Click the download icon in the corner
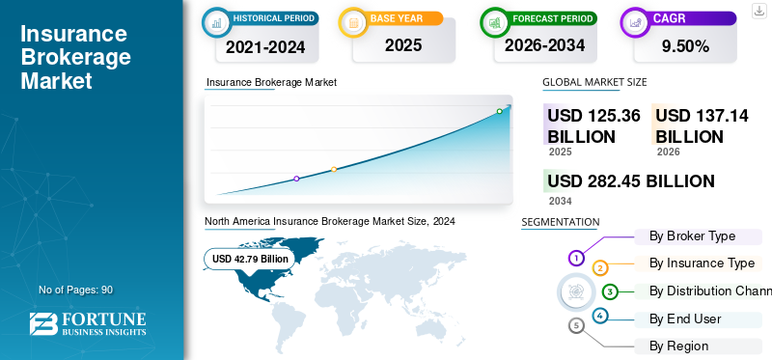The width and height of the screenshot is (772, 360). pyautogui.click(x=758, y=11)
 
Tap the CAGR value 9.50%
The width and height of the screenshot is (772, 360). pyautogui.click(x=685, y=46)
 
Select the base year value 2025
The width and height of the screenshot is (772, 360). pyautogui.click(x=403, y=45)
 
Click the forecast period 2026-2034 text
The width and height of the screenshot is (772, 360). pyautogui.click(x=544, y=45)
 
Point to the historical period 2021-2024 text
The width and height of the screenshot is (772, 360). pyautogui.click(x=265, y=47)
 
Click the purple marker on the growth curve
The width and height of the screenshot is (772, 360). pyautogui.click(x=296, y=179)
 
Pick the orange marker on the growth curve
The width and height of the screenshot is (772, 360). pyautogui.click(x=334, y=170)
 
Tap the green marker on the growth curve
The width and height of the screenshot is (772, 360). pyautogui.click(x=499, y=111)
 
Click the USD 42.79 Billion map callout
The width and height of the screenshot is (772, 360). pyautogui.click(x=250, y=259)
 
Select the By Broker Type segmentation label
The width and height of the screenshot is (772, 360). pyautogui.click(x=692, y=236)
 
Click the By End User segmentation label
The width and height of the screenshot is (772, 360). pyautogui.click(x=685, y=319)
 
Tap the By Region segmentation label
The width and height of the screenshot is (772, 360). pyautogui.click(x=679, y=346)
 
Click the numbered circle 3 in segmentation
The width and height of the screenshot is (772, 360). pyautogui.click(x=610, y=292)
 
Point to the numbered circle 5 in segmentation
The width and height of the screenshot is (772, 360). pyautogui.click(x=576, y=325)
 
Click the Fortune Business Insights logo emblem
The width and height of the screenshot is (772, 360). pyautogui.click(x=43, y=323)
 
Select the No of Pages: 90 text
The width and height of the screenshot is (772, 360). pyautogui.click(x=76, y=291)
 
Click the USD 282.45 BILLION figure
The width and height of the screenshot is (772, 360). pyautogui.click(x=631, y=181)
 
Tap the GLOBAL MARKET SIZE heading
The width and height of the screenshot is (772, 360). pyautogui.click(x=594, y=82)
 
